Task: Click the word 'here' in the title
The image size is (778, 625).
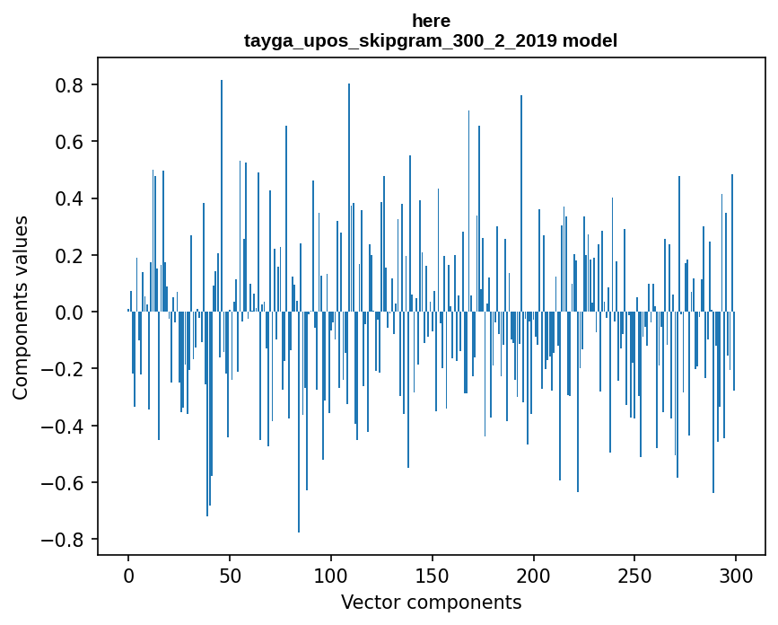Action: [431, 21]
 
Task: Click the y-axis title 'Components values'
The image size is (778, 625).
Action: [21, 307]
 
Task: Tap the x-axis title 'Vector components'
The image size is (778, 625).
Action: [431, 602]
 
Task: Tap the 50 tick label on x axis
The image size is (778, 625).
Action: [230, 575]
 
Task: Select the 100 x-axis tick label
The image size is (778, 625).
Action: [331, 575]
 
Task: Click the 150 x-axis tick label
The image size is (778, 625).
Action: [433, 575]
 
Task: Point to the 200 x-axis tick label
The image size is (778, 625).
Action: [534, 575]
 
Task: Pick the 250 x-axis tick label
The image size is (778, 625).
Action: [635, 575]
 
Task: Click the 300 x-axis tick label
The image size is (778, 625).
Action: [737, 575]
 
